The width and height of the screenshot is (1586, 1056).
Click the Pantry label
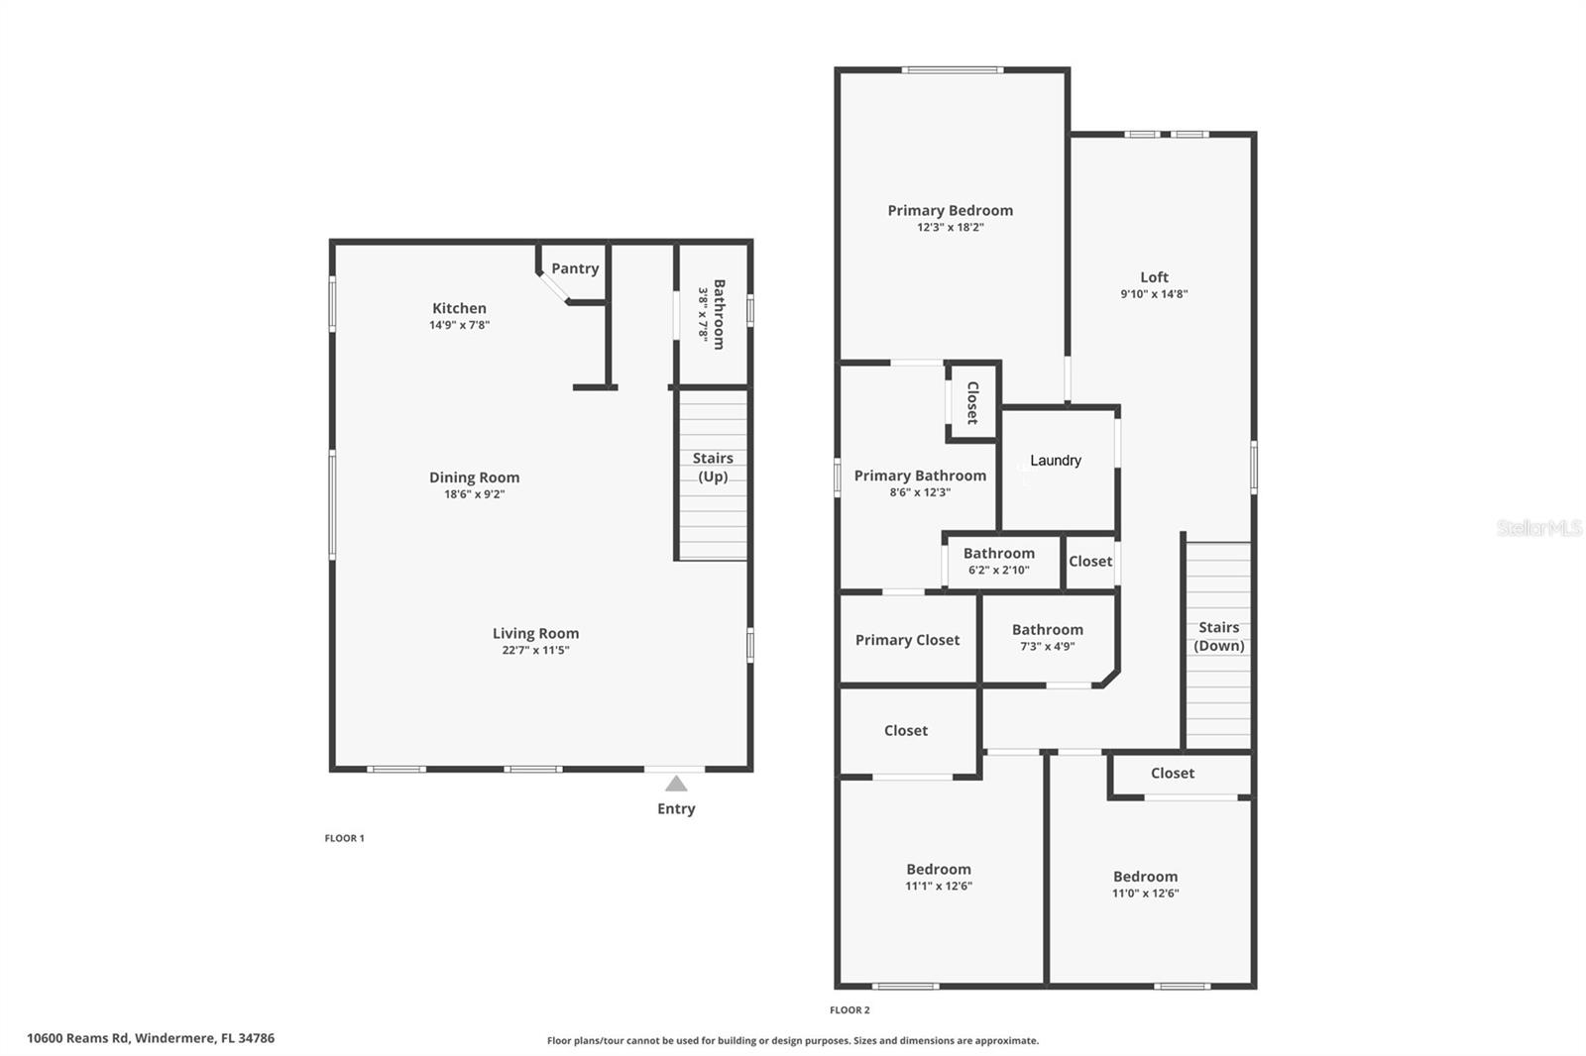575,268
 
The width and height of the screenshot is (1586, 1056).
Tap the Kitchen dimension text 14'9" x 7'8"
460,325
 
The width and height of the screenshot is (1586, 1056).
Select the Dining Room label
475,477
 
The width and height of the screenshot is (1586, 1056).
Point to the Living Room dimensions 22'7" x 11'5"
536,650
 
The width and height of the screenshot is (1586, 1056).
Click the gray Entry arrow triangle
676,784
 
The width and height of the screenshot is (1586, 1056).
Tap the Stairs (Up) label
713,468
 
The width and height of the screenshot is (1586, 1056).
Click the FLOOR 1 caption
345,838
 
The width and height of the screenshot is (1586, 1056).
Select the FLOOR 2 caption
850,1010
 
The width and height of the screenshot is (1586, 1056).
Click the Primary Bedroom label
951,210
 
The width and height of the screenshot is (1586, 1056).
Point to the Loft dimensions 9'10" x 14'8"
1154,294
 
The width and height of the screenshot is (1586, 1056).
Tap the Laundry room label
1056,461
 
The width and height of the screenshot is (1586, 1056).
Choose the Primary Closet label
908,640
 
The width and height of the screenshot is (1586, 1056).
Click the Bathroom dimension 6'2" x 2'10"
999,570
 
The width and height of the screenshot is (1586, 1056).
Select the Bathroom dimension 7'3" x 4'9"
1048,646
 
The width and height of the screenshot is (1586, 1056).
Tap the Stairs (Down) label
1219,636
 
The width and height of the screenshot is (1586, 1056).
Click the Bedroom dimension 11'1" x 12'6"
939,886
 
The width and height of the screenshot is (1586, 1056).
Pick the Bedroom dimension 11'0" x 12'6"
1146,894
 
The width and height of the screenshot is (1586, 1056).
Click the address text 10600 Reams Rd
78,1037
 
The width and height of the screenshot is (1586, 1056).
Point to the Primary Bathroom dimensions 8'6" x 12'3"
921,492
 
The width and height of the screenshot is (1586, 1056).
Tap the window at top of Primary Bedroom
953,70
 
